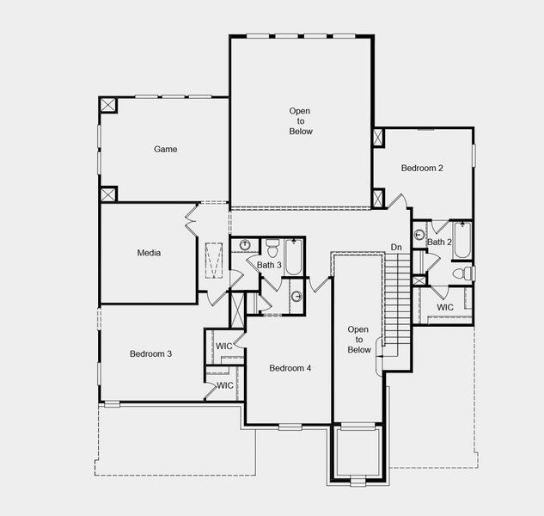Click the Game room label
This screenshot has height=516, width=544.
pos(166,149)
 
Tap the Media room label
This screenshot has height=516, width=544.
pos(150,253)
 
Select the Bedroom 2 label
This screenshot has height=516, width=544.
pos(422,168)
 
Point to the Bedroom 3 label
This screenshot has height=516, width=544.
pos(151,353)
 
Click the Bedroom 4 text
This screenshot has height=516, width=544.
pos(290,368)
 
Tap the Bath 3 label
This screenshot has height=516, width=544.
pos(269,265)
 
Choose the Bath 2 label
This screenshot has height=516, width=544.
pos(439,243)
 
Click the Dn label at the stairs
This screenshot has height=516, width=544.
pos(396,248)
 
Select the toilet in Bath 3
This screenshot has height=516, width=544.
pos(272,249)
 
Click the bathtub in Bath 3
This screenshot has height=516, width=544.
pos(294,255)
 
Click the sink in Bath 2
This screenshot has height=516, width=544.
pos(420,234)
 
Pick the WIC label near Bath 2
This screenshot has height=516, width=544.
pos(445,307)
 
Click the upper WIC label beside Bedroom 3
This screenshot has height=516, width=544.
pos(224,346)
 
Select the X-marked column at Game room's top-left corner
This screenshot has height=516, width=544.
pos(108,104)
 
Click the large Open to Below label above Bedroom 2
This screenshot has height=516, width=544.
pos(301,121)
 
